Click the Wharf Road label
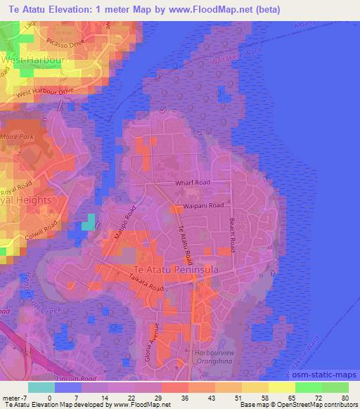click(193, 183)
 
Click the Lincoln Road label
click(73, 378)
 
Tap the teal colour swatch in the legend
click(41, 387)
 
